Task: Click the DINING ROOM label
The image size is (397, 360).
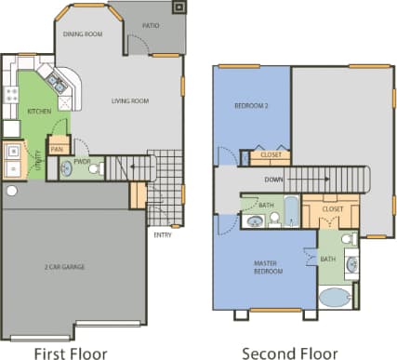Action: tap(82, 33)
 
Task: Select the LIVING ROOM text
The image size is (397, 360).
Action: tap(131, 100)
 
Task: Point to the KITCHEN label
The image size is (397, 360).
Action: tap(38, 111)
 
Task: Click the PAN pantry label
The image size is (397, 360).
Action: tap(57, 148)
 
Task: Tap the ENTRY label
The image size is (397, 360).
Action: tap(162, 233)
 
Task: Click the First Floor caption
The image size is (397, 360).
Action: tap(71, 353)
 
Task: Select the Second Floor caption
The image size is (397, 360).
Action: tap(289, 353)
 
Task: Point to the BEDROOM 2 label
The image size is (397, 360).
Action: tap(251, 106)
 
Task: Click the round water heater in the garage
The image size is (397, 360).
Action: tap(11, 191)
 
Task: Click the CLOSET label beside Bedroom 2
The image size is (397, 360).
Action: tap(271, 155)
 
